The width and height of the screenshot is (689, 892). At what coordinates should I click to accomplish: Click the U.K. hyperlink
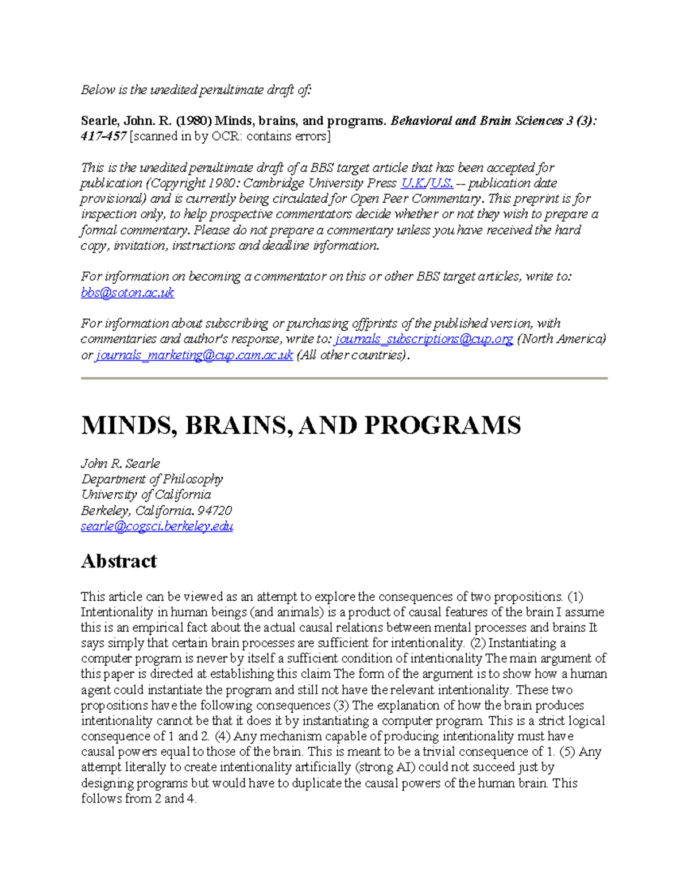412,183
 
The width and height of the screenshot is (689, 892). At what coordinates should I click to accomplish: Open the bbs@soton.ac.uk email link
127,292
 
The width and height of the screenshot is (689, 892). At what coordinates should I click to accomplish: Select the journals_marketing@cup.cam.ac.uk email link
194,355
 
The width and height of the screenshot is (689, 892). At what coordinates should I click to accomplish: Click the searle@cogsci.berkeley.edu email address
157,526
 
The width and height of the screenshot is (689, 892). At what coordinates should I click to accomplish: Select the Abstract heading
118,561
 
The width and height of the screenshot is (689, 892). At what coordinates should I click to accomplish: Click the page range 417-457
103,137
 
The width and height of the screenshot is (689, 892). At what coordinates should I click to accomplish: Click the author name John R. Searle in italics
120,464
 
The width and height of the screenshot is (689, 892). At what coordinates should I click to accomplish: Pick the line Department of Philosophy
152,479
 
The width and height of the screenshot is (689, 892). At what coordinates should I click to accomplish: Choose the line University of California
146,495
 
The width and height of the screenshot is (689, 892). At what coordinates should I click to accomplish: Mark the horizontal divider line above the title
344,379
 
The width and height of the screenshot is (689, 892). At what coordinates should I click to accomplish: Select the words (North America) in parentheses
562,339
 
